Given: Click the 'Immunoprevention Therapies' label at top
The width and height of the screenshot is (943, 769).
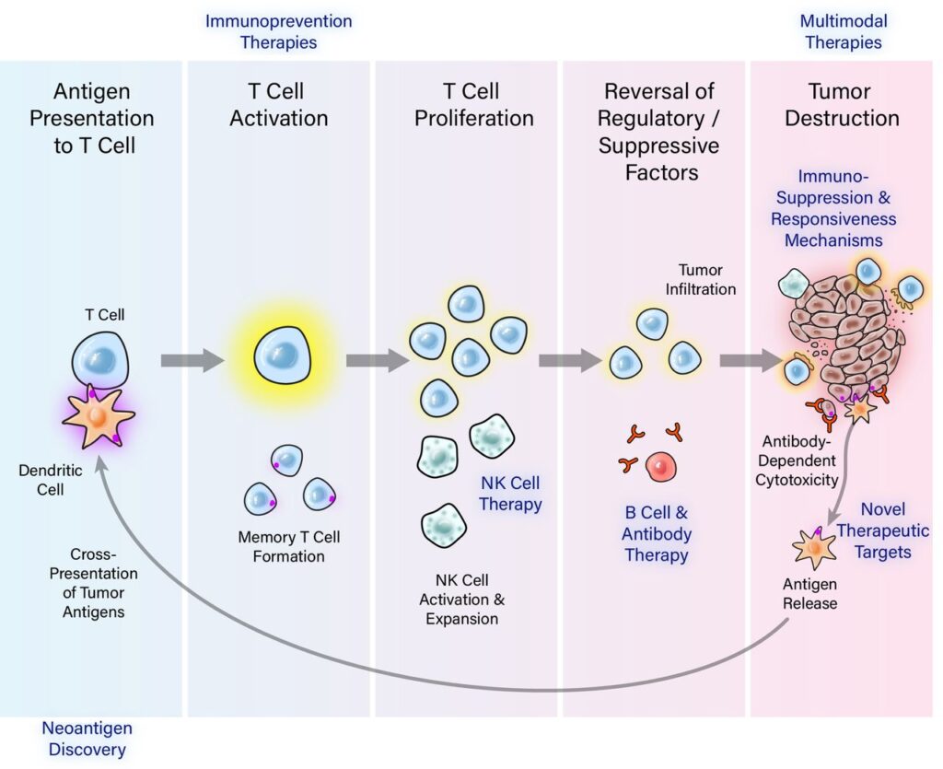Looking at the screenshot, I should (x=278, y=31).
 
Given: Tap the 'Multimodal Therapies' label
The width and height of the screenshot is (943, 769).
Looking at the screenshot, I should (x=841, y=31).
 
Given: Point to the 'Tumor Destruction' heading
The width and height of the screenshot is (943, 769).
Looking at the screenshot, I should (x=841, y=105).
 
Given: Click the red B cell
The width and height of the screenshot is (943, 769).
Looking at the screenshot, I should (x=662, y=467).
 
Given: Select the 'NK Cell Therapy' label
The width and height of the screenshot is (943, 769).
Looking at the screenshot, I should (x=510, y=494).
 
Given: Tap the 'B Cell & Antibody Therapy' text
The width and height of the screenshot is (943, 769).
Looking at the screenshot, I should (x=656, y=533).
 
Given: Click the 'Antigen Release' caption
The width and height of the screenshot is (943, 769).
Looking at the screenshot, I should (x=809, y=594).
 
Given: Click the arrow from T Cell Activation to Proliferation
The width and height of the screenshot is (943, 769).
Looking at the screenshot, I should (x=377, y=360).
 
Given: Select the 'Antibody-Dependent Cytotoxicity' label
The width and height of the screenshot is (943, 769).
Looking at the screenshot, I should (x=798, y=460).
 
